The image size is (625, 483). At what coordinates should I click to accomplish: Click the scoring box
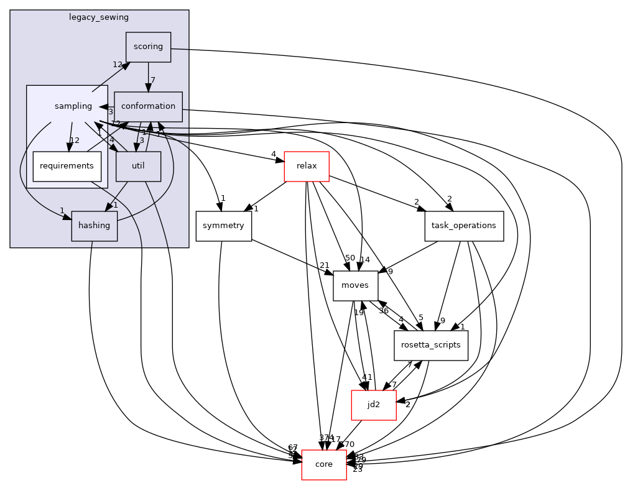pos(148,47)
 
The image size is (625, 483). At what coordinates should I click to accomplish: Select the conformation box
pos(148,106)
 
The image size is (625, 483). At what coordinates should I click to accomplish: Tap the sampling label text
pos(73,106)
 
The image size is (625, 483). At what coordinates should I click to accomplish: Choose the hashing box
pos(95,226)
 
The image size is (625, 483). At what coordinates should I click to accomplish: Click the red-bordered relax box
pos(306,166)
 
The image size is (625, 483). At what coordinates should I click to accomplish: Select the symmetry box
pos(223,226)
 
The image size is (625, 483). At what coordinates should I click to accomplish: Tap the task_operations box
pos(463,226)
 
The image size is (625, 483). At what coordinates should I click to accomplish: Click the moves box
pos(355,285)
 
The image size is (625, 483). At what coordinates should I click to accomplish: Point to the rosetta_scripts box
pos(430,345)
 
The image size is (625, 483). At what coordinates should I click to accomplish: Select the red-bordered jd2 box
pos(374,405)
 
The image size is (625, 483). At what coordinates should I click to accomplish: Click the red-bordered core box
pos(324,464)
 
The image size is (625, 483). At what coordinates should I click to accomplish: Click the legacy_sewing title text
pos(99,16)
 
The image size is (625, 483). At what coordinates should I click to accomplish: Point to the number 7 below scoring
pos(153,80)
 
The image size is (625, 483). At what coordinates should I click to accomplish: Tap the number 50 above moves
pos(350,258)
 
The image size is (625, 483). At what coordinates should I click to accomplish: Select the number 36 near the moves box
pos(384,311)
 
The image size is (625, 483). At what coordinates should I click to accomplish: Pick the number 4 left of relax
pos(273,154)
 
